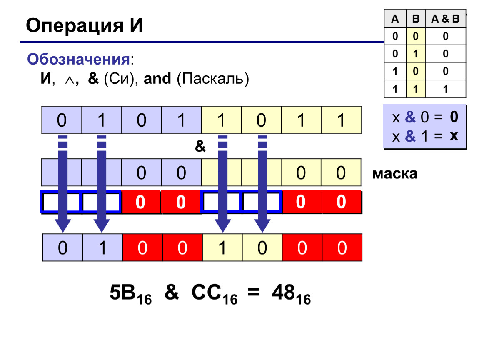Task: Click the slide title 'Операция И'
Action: (x=84, y=25)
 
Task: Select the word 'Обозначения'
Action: (x=78, y=59)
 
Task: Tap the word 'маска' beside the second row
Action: (x=395, y=174)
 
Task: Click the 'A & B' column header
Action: (x=445, y=19)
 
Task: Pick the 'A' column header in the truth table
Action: (x=395, y=19)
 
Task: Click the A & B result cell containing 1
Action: (x=445, y=89)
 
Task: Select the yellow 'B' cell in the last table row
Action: (x=415, y=89)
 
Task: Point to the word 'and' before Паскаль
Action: (x=157, y=78)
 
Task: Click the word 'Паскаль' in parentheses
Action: (x=213, y=79)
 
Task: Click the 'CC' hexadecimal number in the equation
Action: (x=206, y=292)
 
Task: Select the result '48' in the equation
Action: (x=283, y=292)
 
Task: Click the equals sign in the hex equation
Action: (x=254, y=292)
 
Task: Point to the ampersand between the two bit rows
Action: (x=200, y=146)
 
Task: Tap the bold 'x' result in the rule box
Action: (x=454, y=135)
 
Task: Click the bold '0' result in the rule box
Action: (x=454, y=117)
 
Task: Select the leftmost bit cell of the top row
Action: (x=62, y=120)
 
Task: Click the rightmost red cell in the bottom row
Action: (x=342, y=247)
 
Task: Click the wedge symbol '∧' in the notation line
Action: (x=70, y=80)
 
